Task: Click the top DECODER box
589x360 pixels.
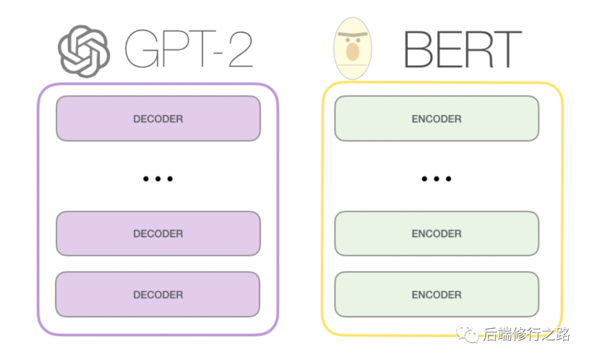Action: [158, 118]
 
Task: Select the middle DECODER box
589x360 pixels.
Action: [158, 233]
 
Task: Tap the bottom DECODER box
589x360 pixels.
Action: [158, 294]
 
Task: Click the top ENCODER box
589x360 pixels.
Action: [436, 118]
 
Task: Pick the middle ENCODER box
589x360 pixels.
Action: [436, 233]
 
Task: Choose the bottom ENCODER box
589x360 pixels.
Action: [436, 294]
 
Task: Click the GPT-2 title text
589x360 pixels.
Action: [189, 49]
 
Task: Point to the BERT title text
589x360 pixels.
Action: [462, 49]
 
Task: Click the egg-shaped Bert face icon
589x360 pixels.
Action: [352, 48]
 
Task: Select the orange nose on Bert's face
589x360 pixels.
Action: [352, 52]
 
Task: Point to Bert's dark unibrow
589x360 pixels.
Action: [352, 34]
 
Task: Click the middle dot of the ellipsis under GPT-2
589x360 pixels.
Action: [158, 178]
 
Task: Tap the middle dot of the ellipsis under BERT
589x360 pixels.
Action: [436, 178]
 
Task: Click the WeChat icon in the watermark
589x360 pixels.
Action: [467, 333]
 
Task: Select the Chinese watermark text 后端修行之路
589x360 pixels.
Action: [527, 334]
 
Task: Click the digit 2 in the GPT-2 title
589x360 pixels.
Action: [241, 49]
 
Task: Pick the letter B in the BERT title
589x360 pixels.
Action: [416, 49]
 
